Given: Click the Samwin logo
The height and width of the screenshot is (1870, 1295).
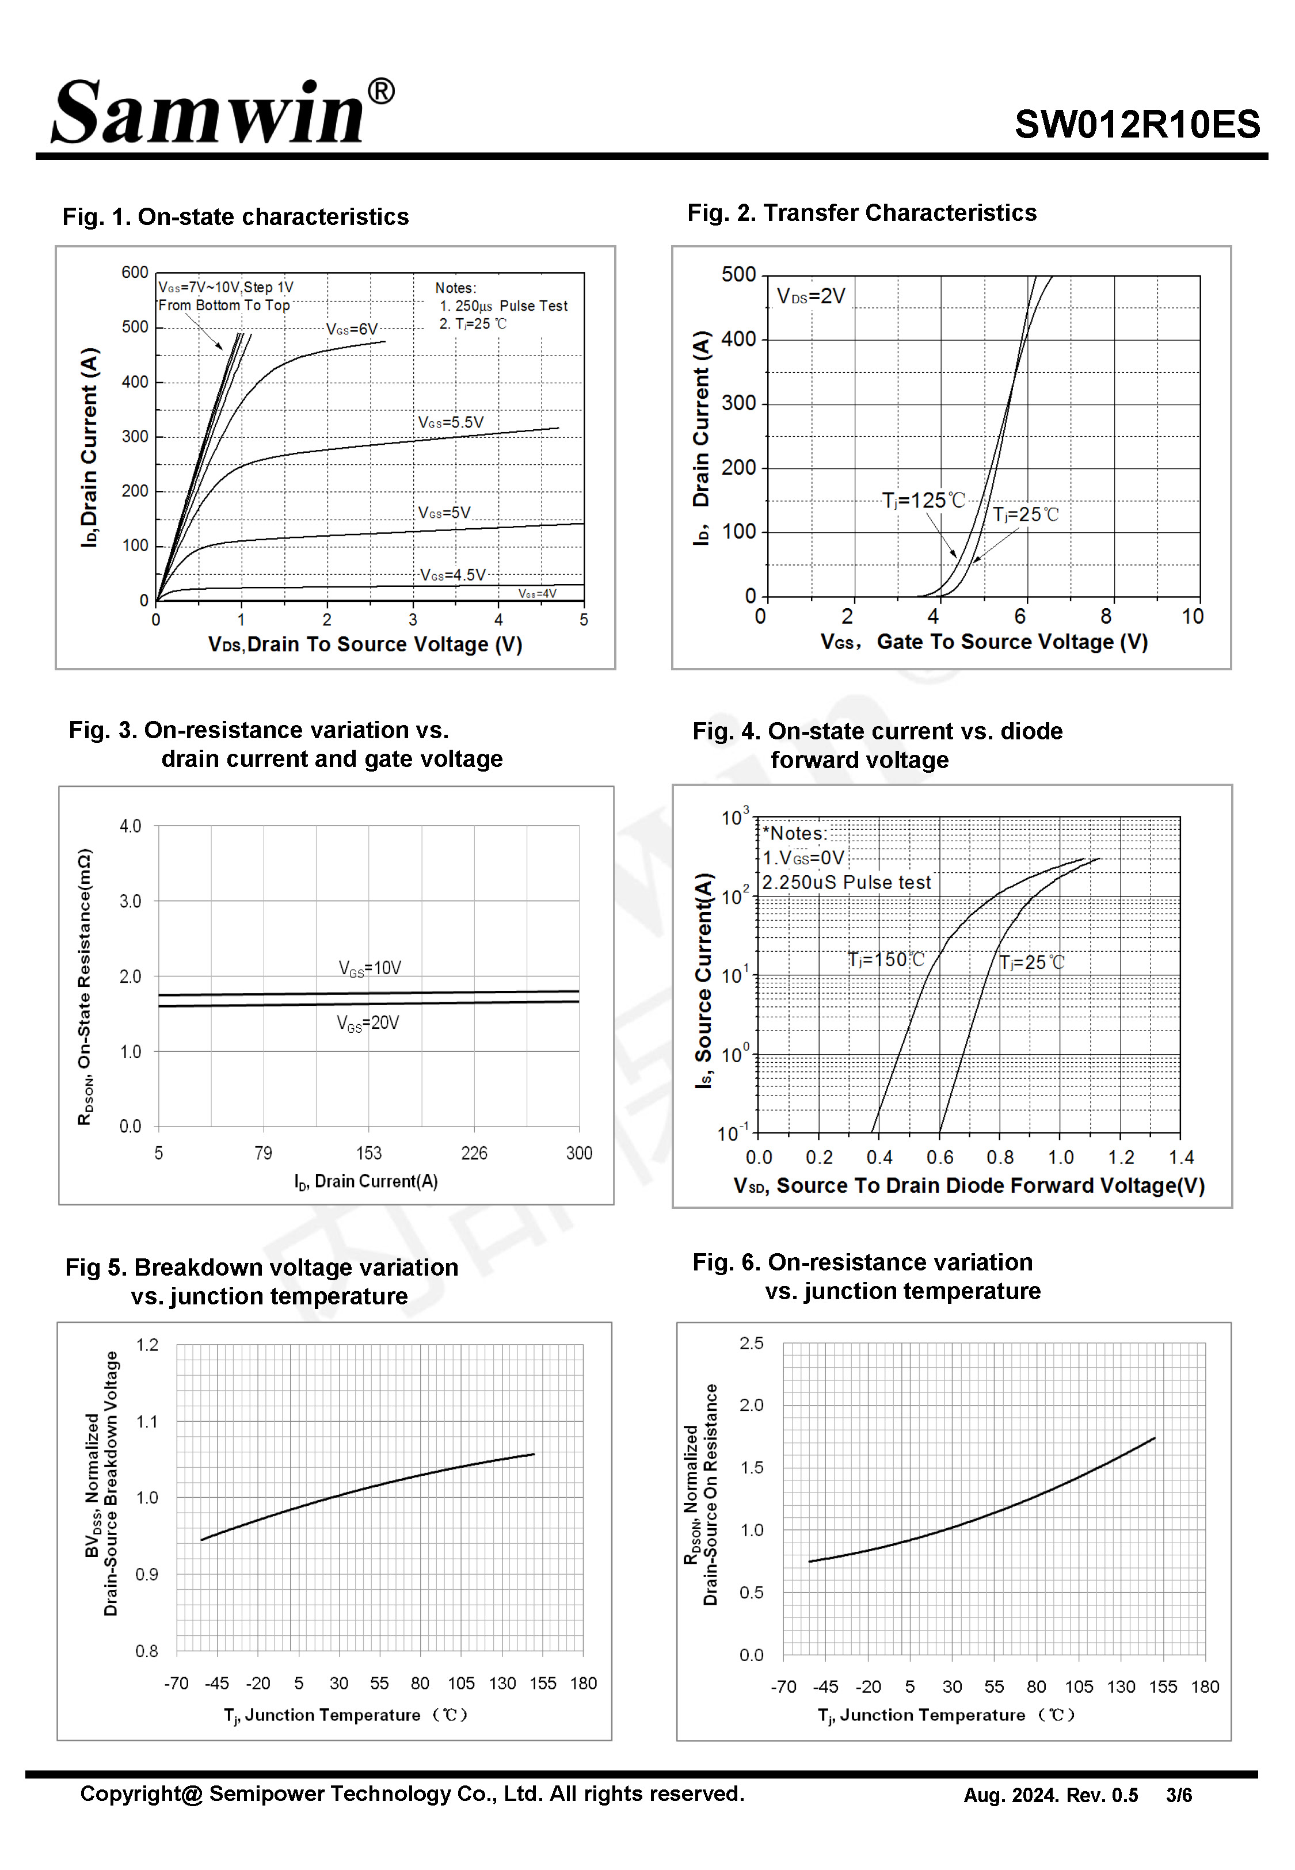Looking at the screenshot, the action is (x=223, y=111).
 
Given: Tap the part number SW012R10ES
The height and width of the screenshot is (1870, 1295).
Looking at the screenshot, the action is (x=1137, y=124).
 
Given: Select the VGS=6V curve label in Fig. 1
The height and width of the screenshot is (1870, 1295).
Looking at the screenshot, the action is (x=352, y=329).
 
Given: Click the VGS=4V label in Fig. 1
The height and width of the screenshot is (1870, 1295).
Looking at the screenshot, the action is (x=537, y=594).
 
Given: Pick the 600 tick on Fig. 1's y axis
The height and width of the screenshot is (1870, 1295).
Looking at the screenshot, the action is (x=135, y=273).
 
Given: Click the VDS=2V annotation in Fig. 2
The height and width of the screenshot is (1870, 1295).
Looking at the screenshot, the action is (x=810, y=296).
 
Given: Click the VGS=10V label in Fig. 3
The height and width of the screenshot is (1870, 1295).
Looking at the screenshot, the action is (x=370, y=968).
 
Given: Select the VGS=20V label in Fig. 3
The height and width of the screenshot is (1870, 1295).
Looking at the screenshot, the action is (x=368, y=1024).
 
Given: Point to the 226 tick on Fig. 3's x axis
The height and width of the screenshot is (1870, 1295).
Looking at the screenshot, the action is (x=474, y=1153).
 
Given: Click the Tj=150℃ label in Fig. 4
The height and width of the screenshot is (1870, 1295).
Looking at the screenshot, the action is (x=886, y=960).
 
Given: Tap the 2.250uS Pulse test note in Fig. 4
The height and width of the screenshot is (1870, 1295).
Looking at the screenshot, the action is (x=846, y=882).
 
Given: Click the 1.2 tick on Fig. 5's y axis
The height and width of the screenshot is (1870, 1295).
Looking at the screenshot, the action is (x=147, y=1345).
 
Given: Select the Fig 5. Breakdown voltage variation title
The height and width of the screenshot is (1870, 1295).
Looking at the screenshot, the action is (x=261, y=1268).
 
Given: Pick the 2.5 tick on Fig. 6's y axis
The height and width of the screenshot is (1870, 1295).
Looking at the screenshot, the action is (x=751, y=1344).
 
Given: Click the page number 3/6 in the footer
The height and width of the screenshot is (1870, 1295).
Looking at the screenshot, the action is (x=1179, y=1795).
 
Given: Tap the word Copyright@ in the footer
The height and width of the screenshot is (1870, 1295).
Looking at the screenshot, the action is (x=141, y=1795).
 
